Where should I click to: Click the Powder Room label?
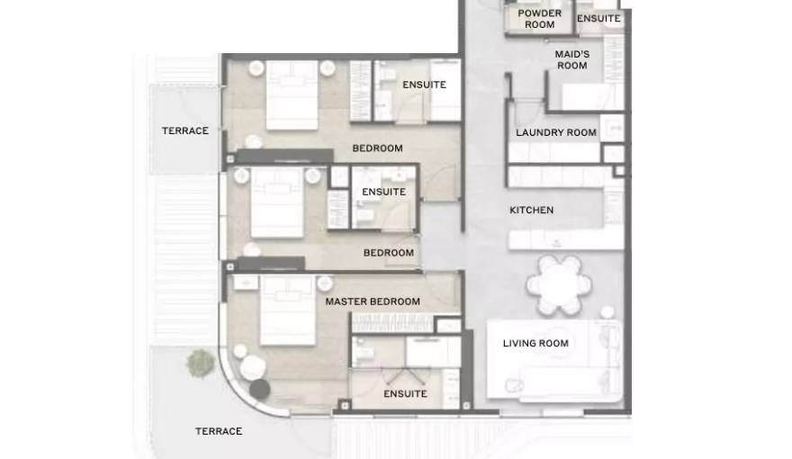[x=539, y=19]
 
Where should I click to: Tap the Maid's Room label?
[x=571, y=59]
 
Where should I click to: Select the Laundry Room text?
[x=556, y=132]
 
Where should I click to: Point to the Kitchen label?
[x=531, y=210]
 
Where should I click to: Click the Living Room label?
[x=535, y=344]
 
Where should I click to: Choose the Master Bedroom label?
[x=373, y=301]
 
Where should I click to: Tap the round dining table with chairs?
[x=559, y=284]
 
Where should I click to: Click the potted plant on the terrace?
[x=201, y=363]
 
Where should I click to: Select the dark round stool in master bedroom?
[x=259, y=389]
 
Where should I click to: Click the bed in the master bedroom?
[x=288, y=310]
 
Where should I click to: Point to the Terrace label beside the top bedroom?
[x=184, y=130]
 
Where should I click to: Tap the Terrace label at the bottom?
[x=219, y=431]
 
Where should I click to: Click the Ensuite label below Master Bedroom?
[x=405, y=394]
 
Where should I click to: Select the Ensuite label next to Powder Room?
[x=598, y=19]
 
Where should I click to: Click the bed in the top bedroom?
[x=292, y=94]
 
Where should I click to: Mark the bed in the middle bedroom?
[x=277, y=202]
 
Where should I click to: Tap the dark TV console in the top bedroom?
[x=285, y=156]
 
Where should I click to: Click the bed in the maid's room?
[x=592, y=96]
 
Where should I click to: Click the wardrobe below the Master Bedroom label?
[x=392, y=323]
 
